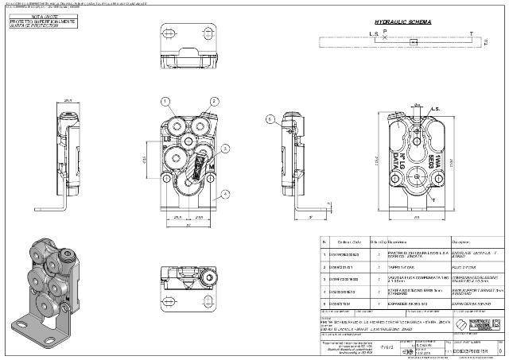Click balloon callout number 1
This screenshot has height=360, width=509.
(165, 102)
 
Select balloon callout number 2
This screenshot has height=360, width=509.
(215, 102)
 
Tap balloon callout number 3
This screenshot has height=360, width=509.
(226, 149)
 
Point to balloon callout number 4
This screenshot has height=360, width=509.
(226, 193)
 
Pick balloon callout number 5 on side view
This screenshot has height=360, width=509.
(270, 119)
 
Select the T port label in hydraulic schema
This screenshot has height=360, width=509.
(471, 33)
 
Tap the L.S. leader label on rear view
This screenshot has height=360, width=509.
(457, 107)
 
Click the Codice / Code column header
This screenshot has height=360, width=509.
(351, 242)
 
